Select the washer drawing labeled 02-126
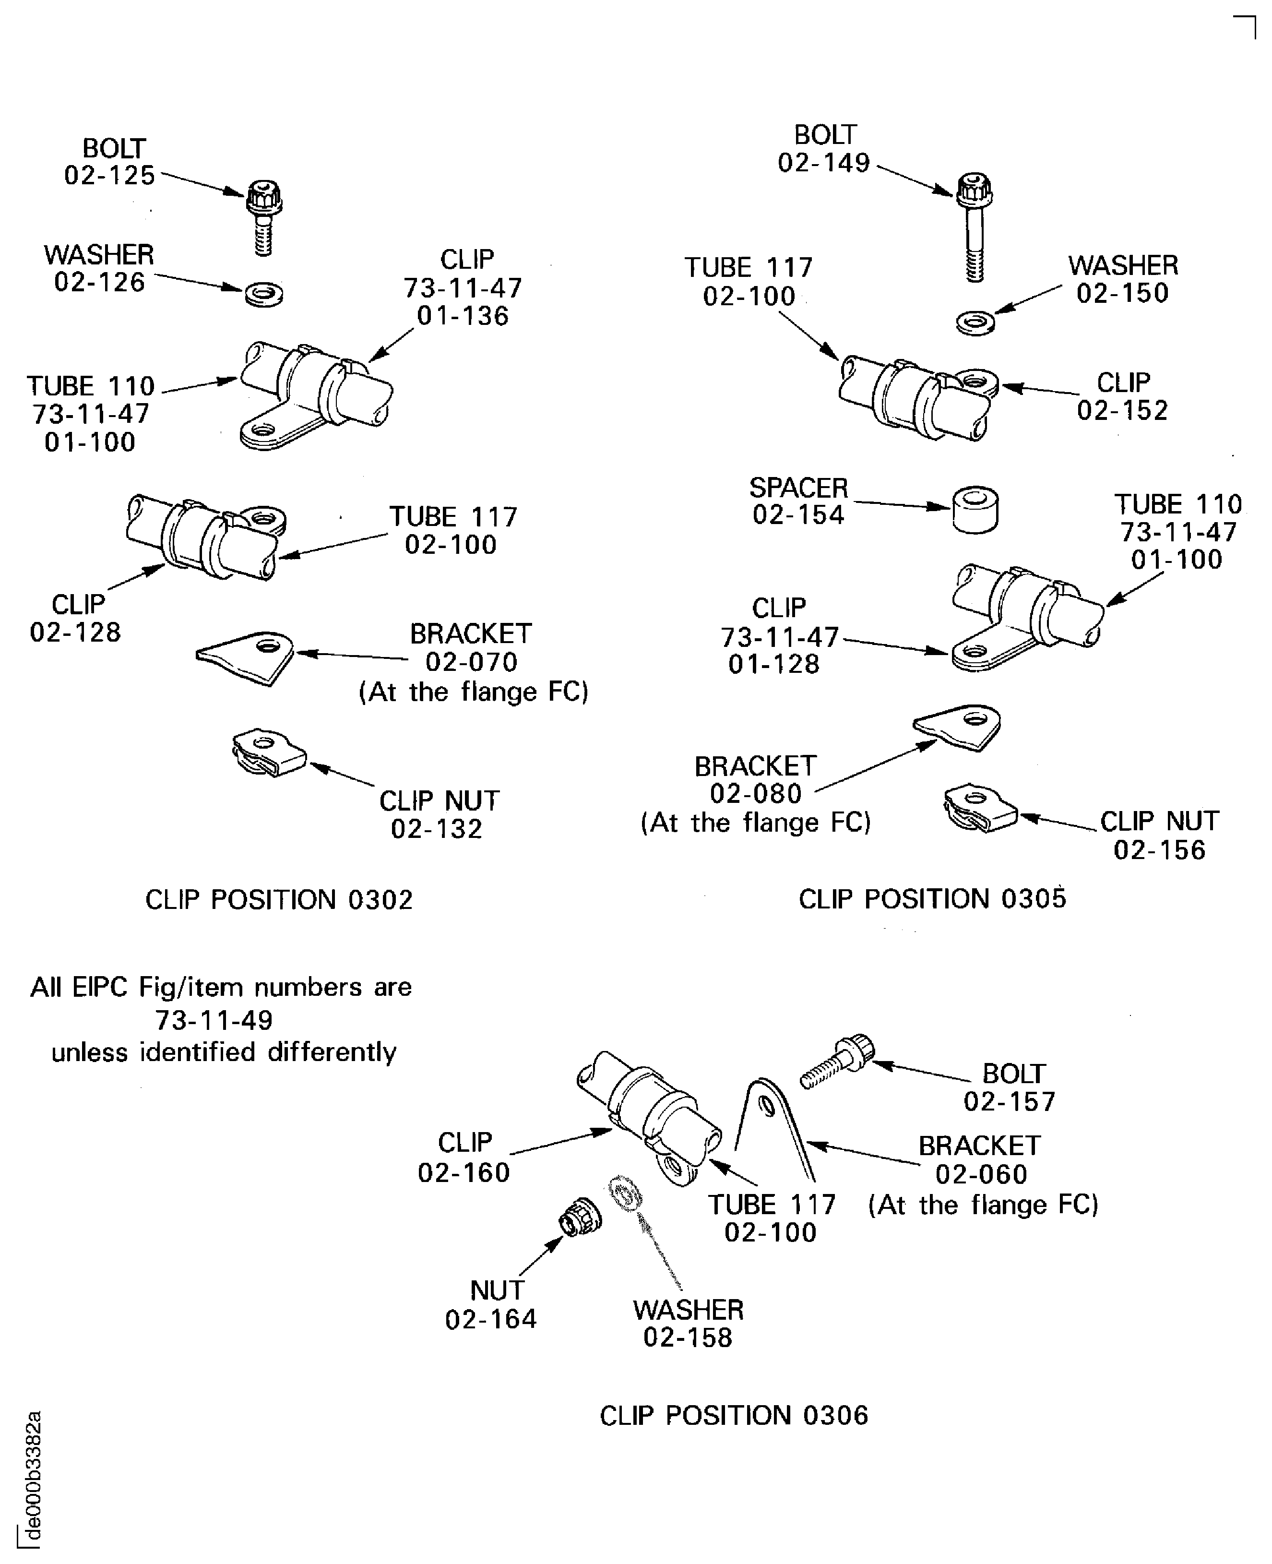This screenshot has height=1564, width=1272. [x=264, y=295]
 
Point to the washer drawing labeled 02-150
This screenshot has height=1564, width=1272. [x=975, y=322]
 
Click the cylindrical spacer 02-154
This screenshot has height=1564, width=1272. [x=975, y=511]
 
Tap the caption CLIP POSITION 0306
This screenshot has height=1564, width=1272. [x=734, y=1415]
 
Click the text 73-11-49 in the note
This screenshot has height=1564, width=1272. [x=214, y=1019]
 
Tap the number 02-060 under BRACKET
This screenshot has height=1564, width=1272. [x=981, y=1174]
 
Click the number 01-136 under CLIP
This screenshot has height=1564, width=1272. [x=463, y=316]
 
